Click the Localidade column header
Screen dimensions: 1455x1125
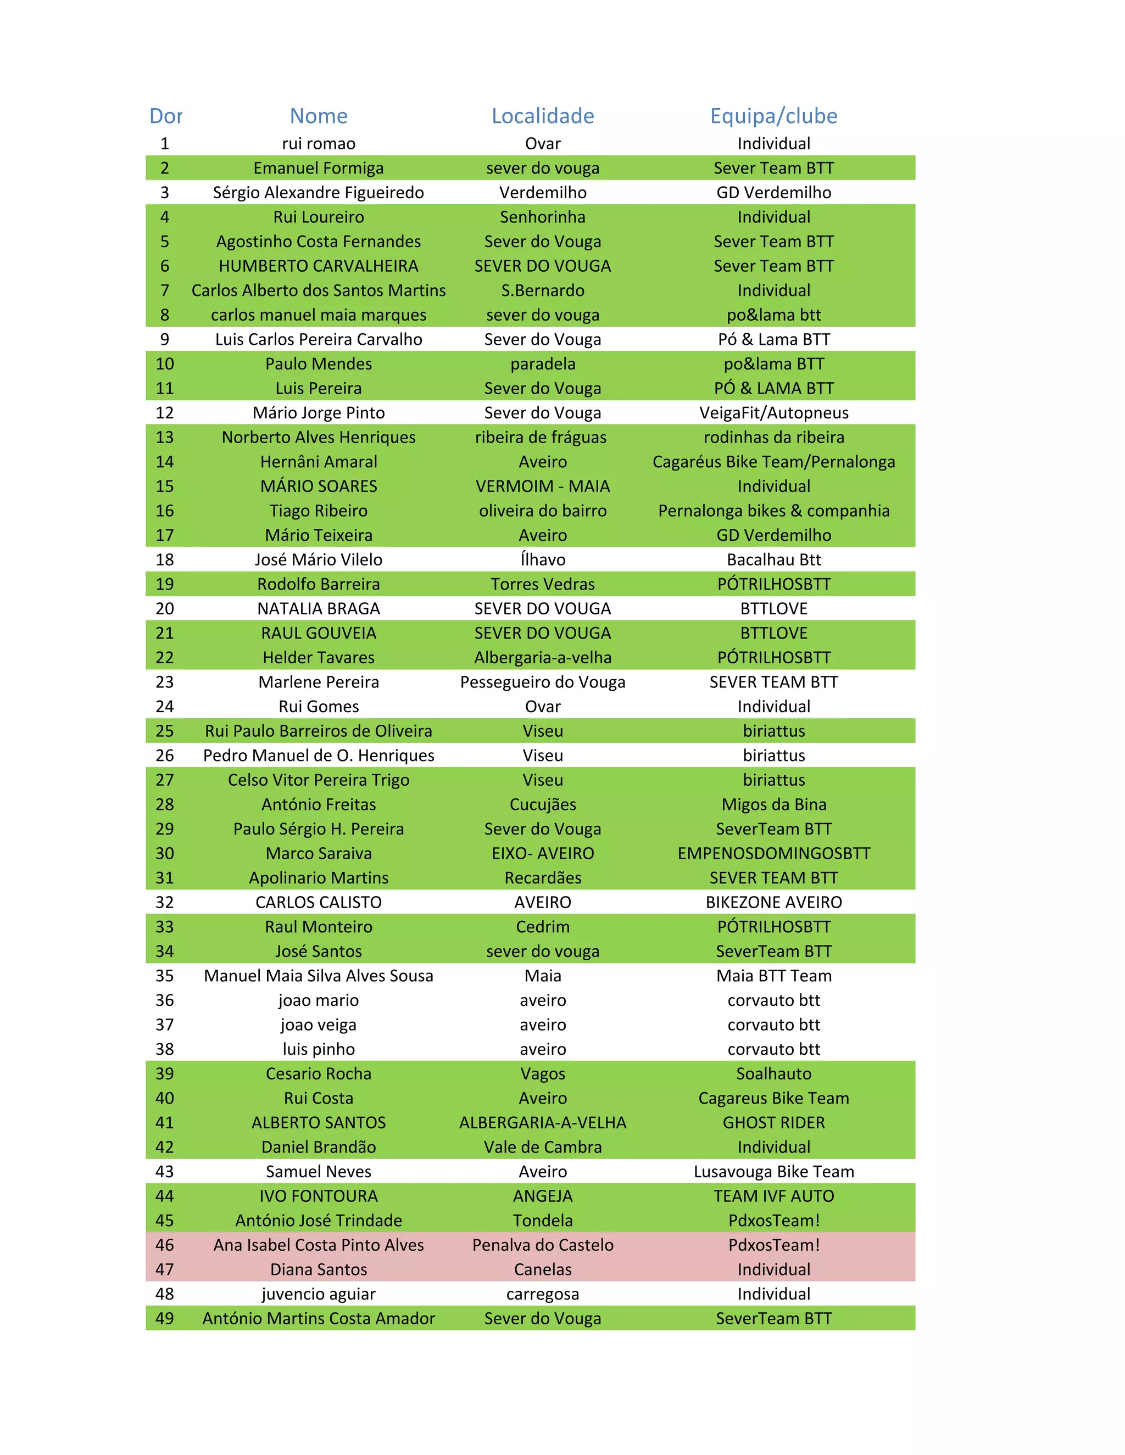click(543, 116)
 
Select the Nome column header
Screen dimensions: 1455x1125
click(319, 116)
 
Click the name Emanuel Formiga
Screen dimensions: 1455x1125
click(319, 168)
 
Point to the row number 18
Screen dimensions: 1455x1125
click(165, 559)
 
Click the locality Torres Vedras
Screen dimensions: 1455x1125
click(543, 584)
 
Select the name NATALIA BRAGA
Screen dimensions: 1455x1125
click(319, 609)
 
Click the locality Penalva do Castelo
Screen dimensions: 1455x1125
click(543, 1245)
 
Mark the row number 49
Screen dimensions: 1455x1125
click(165, 1318)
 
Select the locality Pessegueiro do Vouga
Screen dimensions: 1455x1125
click(543, 682)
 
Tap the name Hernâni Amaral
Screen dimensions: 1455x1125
click(319, 462)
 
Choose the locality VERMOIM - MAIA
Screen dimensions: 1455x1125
click(543, 486)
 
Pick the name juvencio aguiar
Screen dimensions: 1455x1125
click(319, 1294)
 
